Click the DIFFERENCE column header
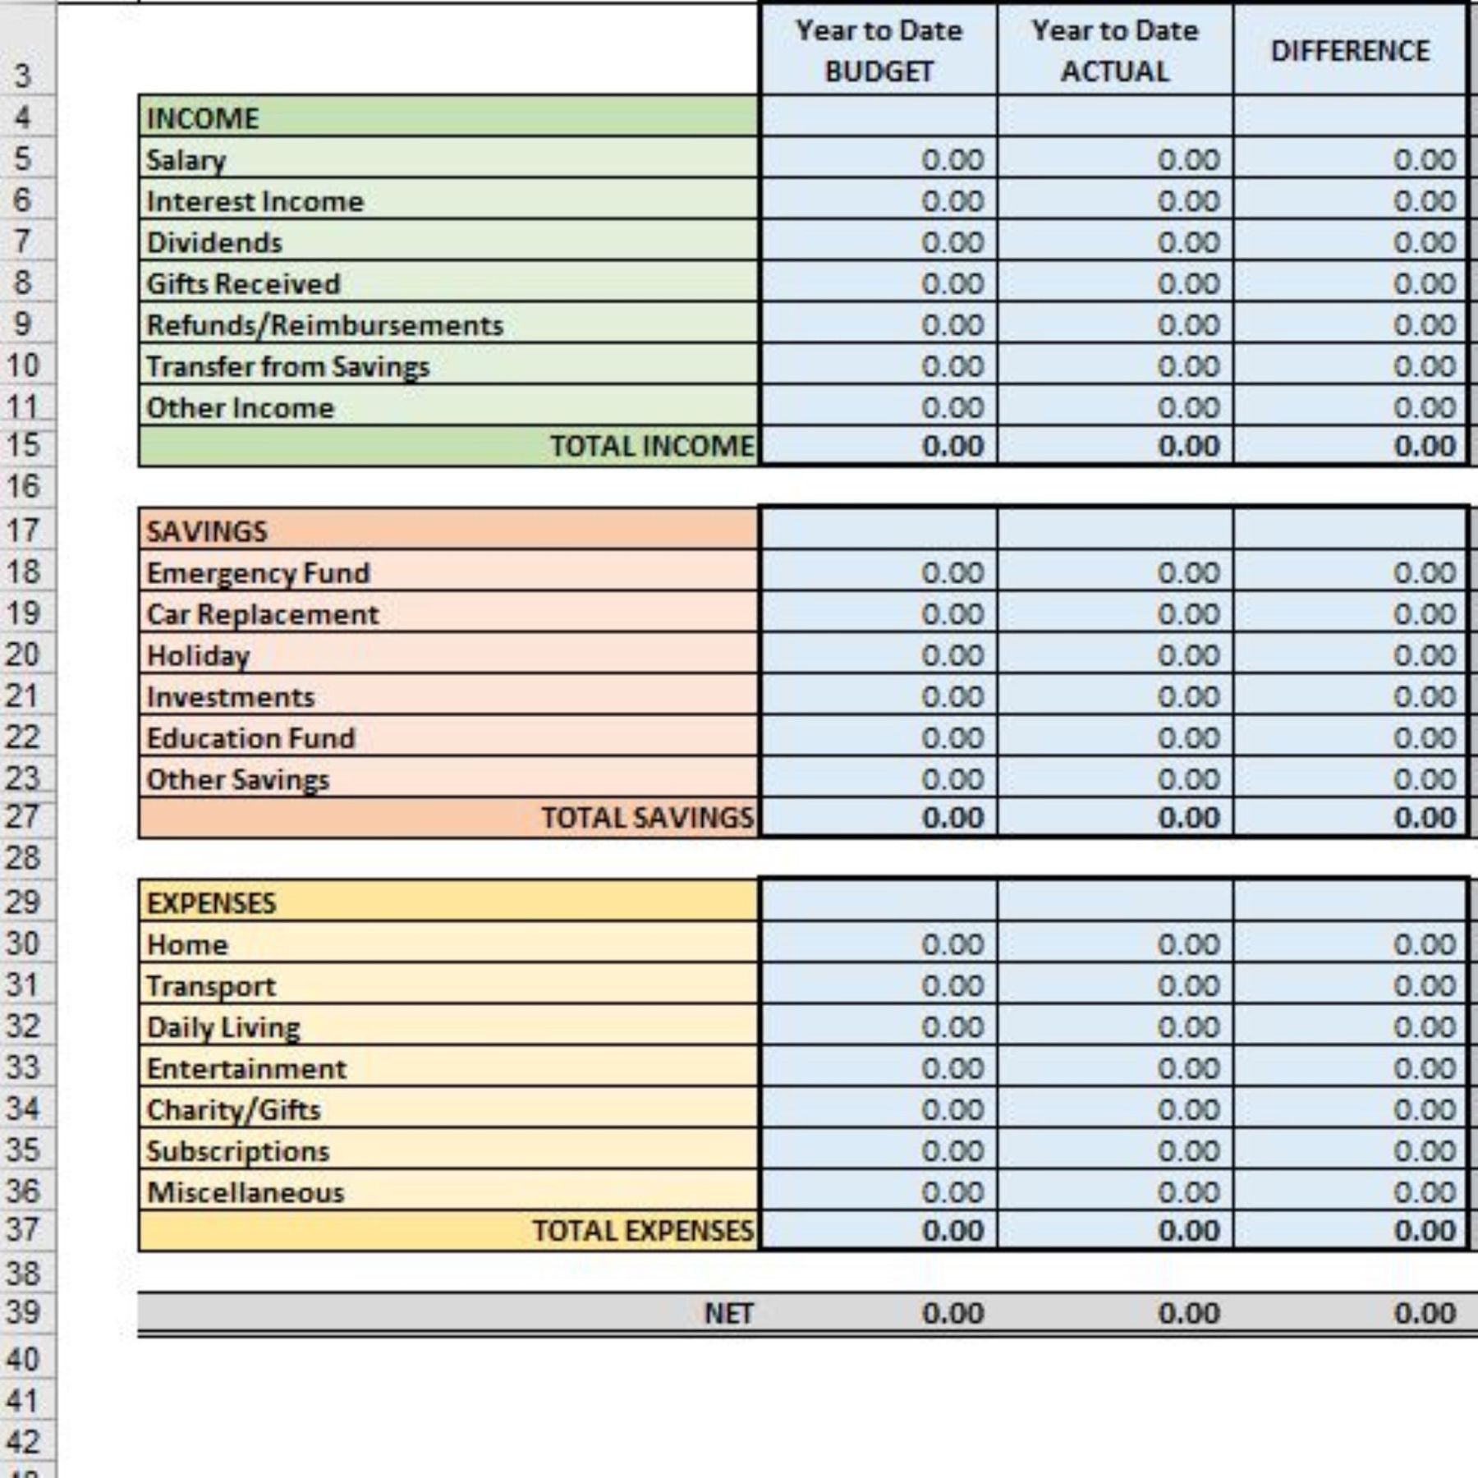point(1350,51)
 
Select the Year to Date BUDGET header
point(879,51)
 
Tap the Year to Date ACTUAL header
point(1115,51)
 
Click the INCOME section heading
point(203,118)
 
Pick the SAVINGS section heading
point(207,531)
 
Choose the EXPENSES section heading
point(212,903)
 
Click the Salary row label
point(186,160)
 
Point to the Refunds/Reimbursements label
point(325,325)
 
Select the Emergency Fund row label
point(259,573)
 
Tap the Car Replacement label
point(263,614)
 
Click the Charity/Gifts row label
point(234,1110)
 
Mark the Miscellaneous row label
point(246,1192)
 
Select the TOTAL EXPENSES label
point(643,1231)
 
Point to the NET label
point(729,1314)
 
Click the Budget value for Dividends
point(952,243)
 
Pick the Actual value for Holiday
point(1188,656)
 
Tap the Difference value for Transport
point(1425,986)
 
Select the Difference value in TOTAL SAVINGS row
point(1425,818)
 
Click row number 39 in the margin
point(23,1312)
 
